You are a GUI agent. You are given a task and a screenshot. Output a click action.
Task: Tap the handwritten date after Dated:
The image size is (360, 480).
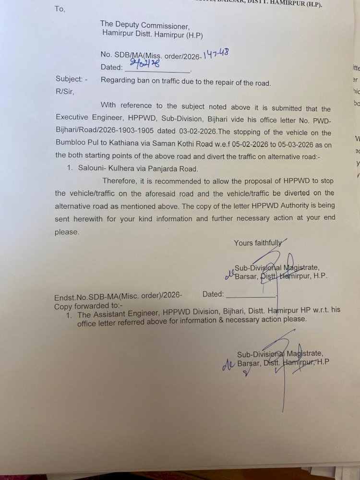tap(142, 64)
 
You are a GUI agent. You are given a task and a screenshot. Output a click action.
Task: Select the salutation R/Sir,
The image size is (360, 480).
tap(65, 91)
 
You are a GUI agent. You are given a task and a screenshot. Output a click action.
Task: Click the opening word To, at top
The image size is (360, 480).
tap(60, 9)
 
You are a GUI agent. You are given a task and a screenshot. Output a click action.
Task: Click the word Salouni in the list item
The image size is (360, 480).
tap(93, 168)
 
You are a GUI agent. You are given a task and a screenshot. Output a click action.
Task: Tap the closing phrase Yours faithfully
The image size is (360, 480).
tap(258, 243)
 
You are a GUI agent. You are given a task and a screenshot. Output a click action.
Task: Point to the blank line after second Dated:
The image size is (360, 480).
tap(250, 295)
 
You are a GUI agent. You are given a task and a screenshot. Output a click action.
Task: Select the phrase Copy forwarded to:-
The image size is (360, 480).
tap(88, 306)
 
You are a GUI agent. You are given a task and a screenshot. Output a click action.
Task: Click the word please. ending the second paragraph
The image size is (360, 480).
tap(67, 232)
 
